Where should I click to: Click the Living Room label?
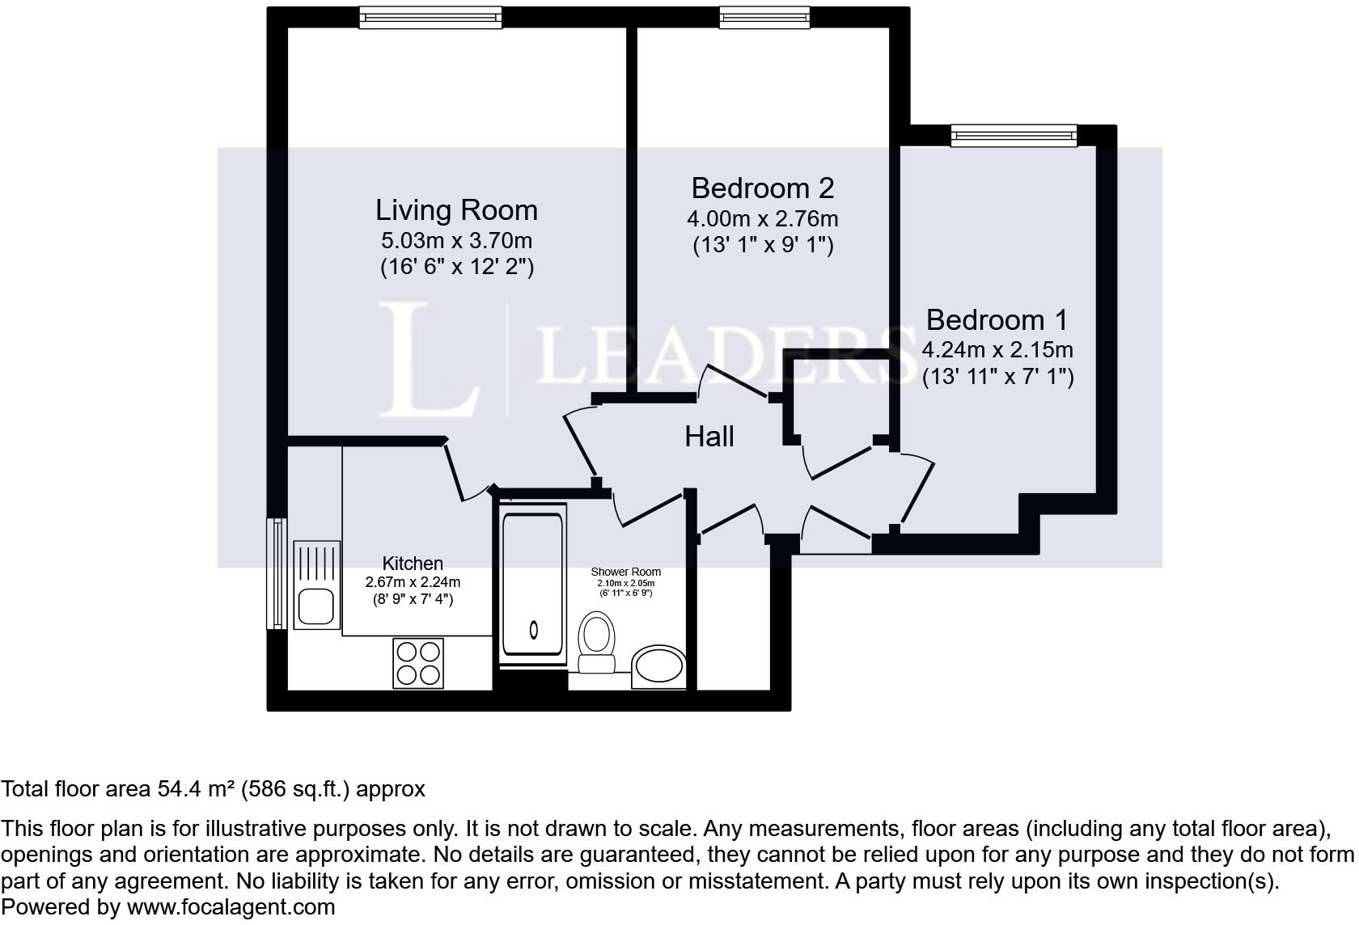tap(456, 210)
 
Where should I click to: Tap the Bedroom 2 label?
tap(763, 188)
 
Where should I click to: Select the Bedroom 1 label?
tap(997, 319)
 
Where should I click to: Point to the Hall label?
tap(709, 436)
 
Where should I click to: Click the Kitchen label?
tap(413, 564)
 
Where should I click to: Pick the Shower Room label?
tap(625, 572)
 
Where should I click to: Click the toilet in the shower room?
tap(596, 642)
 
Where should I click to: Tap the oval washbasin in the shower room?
tap(658, 666)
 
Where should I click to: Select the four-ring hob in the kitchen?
tap(418, 663)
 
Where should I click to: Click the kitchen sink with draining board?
tap(317, 585)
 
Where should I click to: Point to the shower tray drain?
tap(534, 630)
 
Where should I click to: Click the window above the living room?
tap(430, 18)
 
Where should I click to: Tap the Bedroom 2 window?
tap(764, 18)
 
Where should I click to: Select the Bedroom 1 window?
tap(1014, 135)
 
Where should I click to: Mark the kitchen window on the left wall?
tap(277, 574)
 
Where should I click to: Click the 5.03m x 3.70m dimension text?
tap(456, 241)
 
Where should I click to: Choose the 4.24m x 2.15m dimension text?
tap(997, 350)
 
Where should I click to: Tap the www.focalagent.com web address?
tap(231, 907)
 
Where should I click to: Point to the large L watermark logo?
tap(429, 360)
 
